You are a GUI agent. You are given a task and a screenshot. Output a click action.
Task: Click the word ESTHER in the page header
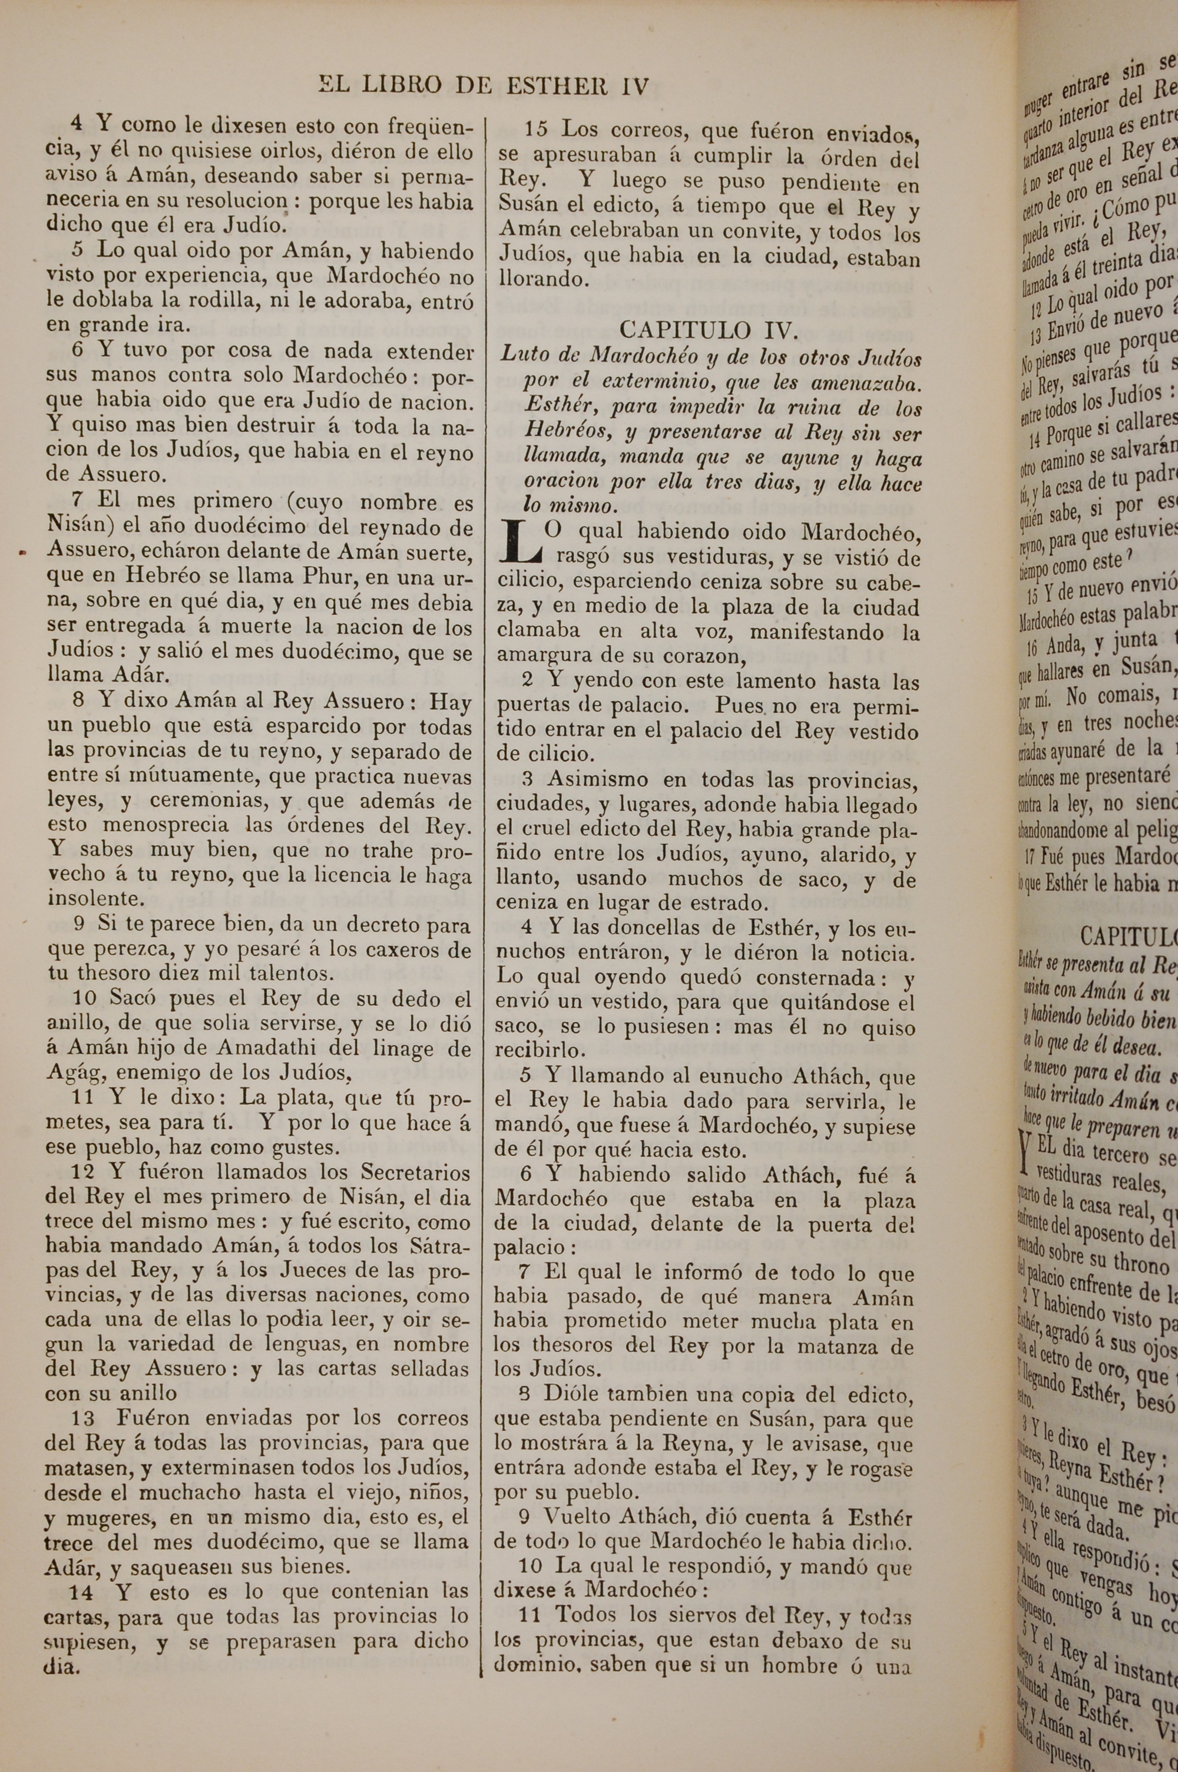[x=554, y=85]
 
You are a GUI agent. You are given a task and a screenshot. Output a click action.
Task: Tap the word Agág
[x=67, y=1074]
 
